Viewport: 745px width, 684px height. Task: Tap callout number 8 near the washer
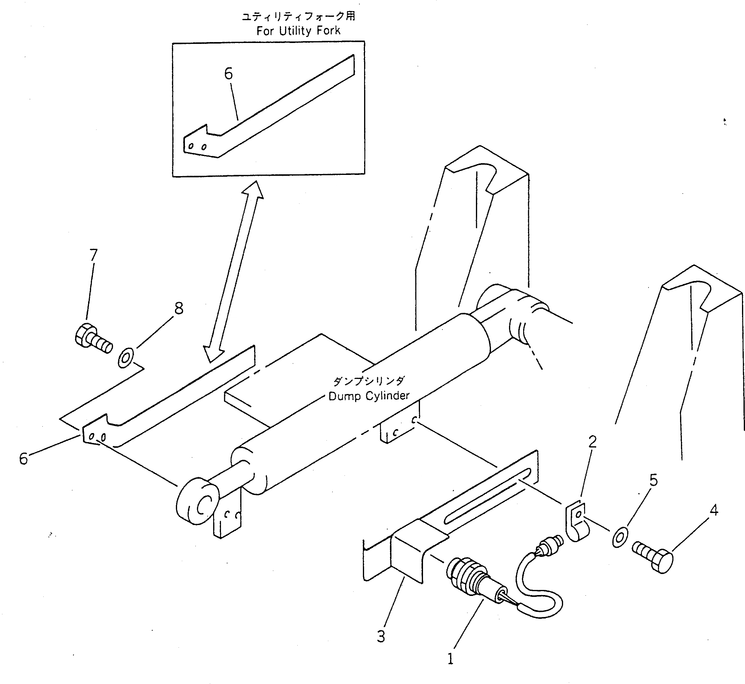179,308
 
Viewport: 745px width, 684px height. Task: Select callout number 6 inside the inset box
228,74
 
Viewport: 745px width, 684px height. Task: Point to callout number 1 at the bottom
450,659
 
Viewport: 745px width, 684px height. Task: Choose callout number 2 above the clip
593,441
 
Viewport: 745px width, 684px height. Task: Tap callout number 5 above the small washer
654,480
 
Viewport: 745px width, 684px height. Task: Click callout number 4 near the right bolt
714,510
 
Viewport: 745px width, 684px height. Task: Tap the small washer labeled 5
619,538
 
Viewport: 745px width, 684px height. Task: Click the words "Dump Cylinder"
369,396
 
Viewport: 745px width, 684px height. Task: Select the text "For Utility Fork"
298,31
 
